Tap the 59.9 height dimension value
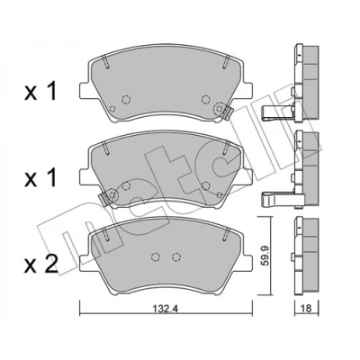pyautogui.click(x=264, y=256)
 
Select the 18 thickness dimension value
pyautogui.click(x=307, y=309)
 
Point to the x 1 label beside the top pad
pyautogui.click(x=40, y=92)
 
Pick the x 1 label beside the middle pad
pyautogui.click(x=40, y=178)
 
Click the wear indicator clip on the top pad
pyautogui.click(x=228, y=112)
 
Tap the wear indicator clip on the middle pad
pyautogui.click(x=103, y=198)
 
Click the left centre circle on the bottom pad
pyautogui.click(x=156, y=256)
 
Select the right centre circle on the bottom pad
pyautogui.click(x=177, y=256)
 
